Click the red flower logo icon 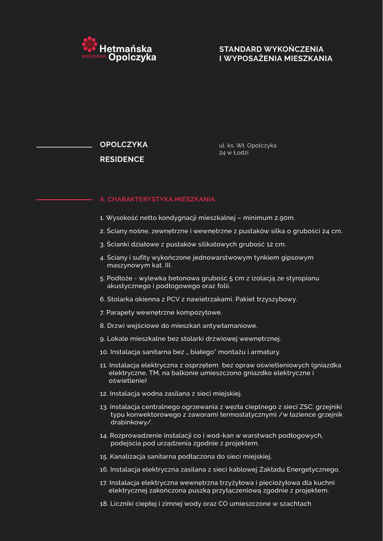(89, 44)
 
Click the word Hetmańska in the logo (126, 48)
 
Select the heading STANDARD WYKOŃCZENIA (271, 49)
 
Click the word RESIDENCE (122, 160)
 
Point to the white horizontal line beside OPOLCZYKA (64, 147)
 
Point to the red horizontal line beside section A (64, 200)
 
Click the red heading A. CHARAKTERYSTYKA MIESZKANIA (157, 200)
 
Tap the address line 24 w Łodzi (234, 153)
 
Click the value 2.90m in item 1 (284, 218)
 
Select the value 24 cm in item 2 (332, 231)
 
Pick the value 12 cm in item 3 (276, 245)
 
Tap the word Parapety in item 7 (120, 312)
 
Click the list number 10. (104, 352)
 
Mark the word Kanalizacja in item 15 (128, 456)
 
